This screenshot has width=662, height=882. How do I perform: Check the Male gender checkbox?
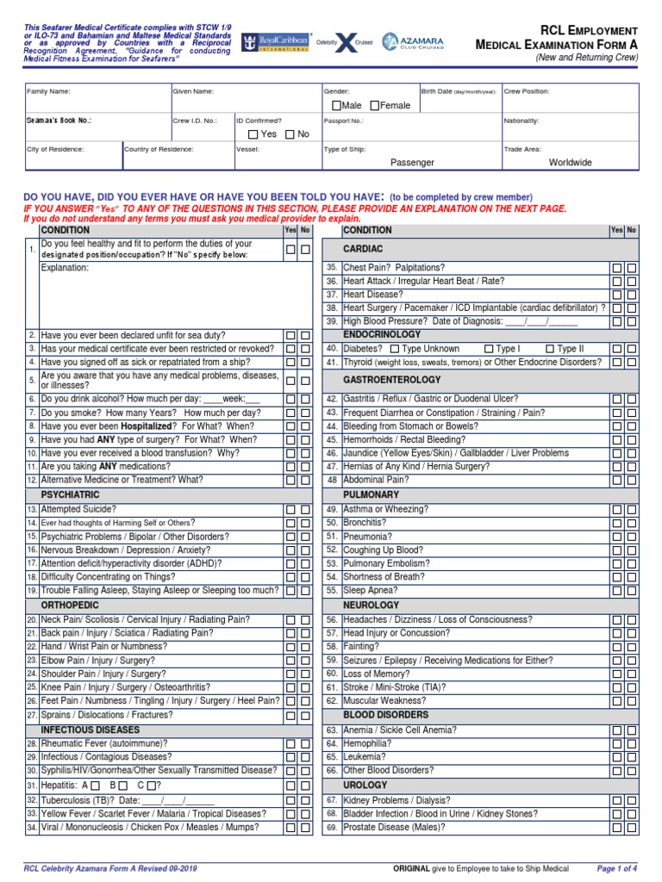pyautogui.click(x=336, y=105)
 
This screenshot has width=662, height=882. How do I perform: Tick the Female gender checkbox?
pyautogui.click(x=375, y=105)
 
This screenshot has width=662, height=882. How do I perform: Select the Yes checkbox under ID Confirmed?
pyautogui.click(x=252, y=134)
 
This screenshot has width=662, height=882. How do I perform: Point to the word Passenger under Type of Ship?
pyautogui.click(x=412, y=162)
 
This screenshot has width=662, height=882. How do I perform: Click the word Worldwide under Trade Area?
pyautogui.click(x=570, y=162)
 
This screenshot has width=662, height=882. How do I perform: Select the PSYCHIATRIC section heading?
pyautogui.click(x=71, y=495)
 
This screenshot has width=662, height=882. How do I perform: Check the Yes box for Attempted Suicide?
pyautogui.click(x=290, y=510)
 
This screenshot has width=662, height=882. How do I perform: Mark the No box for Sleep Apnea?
pyautogui.click(x=632, y=591)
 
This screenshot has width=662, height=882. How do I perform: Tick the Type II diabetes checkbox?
pyautogui.click(x=550, y=349)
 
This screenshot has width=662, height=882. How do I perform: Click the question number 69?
pyautogui.click(x=331, y=827)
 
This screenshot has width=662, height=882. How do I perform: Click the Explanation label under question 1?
pyautogui.click(x=66, y=268)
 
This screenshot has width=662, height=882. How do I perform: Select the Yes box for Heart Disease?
pyautogui.click(x=616, y=295)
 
